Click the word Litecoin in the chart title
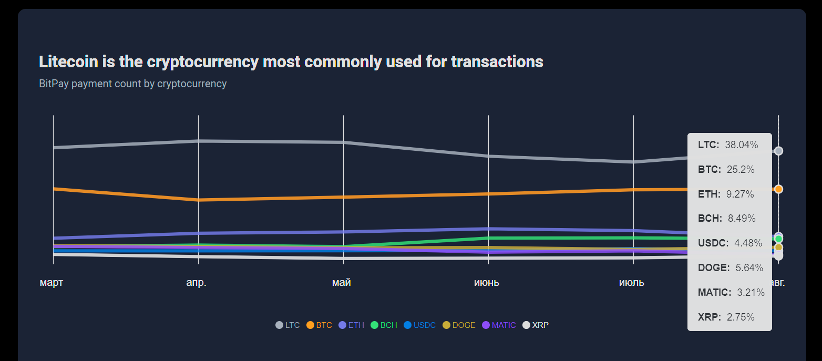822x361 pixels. [68, 62]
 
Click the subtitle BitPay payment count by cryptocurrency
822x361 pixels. [132, 84]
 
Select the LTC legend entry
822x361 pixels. [287, 325]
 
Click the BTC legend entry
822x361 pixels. [319, 325]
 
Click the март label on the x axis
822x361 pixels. [51, 283]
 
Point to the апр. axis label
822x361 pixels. [197, 283]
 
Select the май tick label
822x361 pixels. [342, 283]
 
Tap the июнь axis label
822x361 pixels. [487, 283]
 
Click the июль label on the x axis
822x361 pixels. [632, 283]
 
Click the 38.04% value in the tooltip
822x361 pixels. [741, 145]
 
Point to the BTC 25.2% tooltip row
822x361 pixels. [726, 170]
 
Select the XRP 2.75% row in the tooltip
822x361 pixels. [726, 317]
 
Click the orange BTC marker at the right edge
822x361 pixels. [779, 189]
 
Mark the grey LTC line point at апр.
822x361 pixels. [198, 141]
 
